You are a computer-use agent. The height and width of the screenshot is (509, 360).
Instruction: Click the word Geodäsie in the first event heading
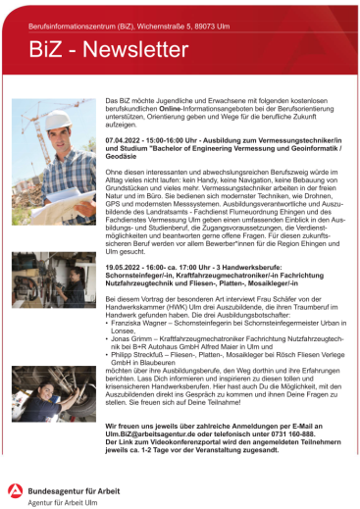tap(123, 157)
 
